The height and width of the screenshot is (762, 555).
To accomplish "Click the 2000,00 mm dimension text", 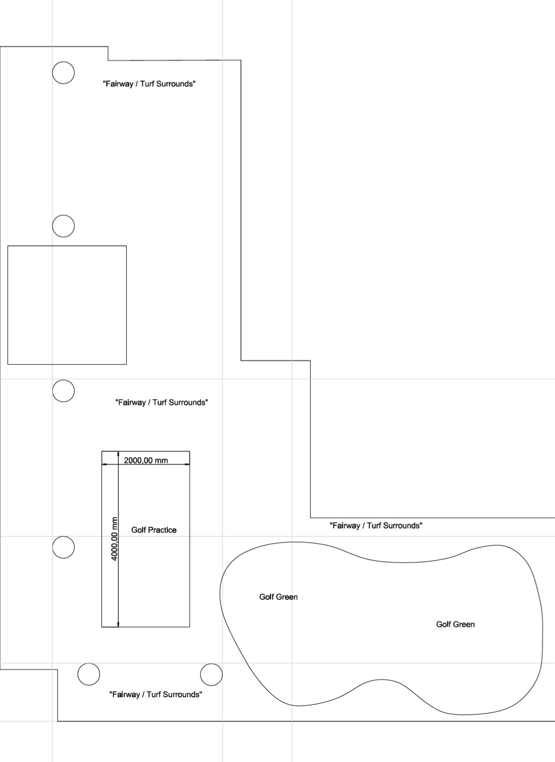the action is (146, 460).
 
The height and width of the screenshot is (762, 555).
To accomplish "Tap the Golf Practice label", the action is (154, 530).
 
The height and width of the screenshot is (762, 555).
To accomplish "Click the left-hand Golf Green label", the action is (278, 597).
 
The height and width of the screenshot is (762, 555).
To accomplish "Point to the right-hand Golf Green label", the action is (455, 624).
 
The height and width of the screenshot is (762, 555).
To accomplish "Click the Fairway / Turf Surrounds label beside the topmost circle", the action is (149, 84).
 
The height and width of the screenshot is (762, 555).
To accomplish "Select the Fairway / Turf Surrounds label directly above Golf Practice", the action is (162, 403).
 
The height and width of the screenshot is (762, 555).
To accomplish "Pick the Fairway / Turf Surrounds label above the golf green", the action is (376, 526).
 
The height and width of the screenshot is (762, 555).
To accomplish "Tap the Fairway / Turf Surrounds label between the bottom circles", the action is (156, 695).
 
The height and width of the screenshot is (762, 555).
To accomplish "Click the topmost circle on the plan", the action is (63, 62).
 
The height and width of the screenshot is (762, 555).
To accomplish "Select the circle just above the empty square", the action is (63, 215).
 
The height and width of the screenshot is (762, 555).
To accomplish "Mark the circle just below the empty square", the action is (63, 380).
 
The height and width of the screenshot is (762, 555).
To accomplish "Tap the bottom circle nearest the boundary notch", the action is (89, 664).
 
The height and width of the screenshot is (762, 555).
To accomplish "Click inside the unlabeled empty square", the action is (67, 305).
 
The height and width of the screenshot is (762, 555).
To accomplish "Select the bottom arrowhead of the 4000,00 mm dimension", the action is (118, 624).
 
